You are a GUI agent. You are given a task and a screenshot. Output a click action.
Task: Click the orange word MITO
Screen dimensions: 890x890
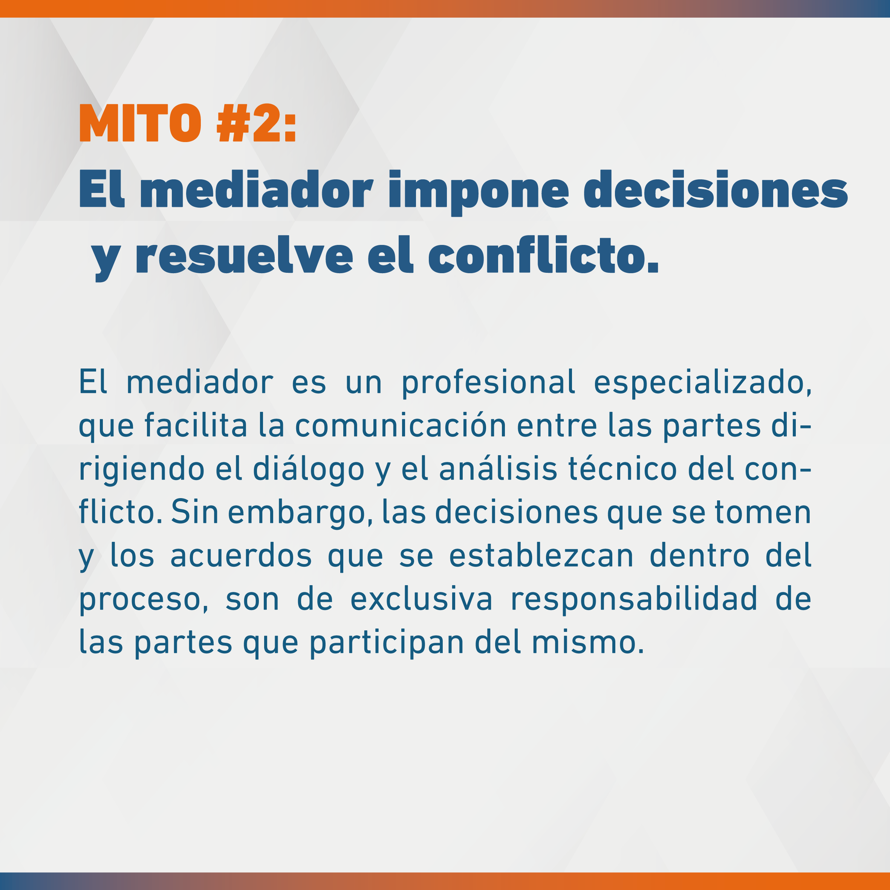point(141,123)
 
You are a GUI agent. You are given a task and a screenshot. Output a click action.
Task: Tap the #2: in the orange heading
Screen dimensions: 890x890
point(257,123)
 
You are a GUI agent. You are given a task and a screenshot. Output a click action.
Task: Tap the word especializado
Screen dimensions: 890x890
point(702,383)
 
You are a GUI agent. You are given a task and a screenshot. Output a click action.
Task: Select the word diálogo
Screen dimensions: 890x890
point(309,470)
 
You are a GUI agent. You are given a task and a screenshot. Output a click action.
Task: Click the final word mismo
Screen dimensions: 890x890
point(588,642)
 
